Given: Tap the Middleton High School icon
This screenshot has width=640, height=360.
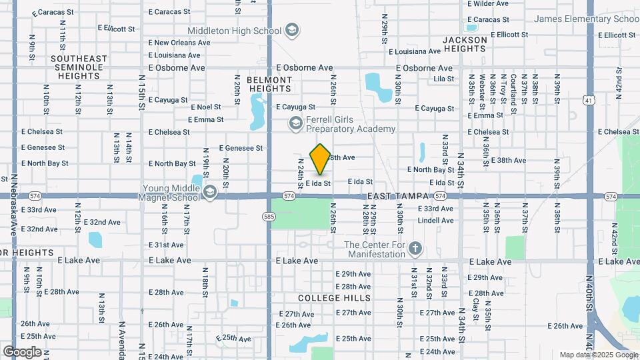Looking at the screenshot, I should [x=291, y=31].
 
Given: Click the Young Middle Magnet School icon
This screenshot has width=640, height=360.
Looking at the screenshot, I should [x=209, y=193].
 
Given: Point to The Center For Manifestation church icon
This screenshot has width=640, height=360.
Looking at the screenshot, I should [x=415, y=249].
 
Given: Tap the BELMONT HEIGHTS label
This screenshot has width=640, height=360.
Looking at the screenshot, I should [x=269, y=84].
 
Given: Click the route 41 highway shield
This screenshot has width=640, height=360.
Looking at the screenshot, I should [x=589, y=100].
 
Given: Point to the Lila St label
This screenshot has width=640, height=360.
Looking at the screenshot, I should [x=443, y=79].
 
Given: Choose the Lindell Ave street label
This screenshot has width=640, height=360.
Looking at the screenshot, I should [x=436, y=221].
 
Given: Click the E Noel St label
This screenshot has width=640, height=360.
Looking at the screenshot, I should [x=205, y=107].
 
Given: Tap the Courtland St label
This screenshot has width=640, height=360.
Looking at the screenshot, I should [x=514, y=90].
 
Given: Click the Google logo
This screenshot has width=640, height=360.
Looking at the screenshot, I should [x=22, y=352].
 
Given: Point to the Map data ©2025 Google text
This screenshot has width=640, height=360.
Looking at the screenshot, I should [x=598, y=355].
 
